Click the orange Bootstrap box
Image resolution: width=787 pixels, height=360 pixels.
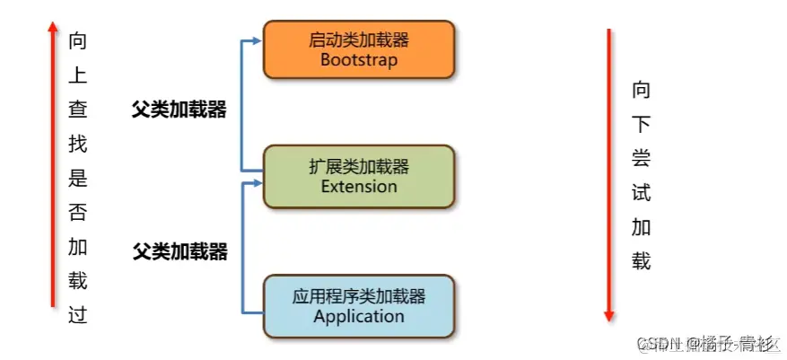point(358,50)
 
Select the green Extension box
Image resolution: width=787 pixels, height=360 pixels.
point(358,176)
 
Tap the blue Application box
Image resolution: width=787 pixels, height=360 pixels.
point(358,306)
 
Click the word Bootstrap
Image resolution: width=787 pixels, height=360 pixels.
point(358,60)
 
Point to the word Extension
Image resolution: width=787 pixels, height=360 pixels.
point(358,187)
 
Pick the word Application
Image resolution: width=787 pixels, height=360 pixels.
point(358,316)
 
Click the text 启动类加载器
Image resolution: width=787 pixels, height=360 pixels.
point(358,40)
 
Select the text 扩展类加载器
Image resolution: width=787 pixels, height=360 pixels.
point(358,166)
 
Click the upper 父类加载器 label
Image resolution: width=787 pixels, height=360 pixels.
point(179,110)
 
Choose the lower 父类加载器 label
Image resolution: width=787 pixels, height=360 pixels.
point(179,251)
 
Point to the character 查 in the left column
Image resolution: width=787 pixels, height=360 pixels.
point(77,110)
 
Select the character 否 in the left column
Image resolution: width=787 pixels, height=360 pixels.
point(77,212)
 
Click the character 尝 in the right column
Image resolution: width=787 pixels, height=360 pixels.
point(641,158)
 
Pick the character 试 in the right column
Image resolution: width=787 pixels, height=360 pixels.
point(641,192)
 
